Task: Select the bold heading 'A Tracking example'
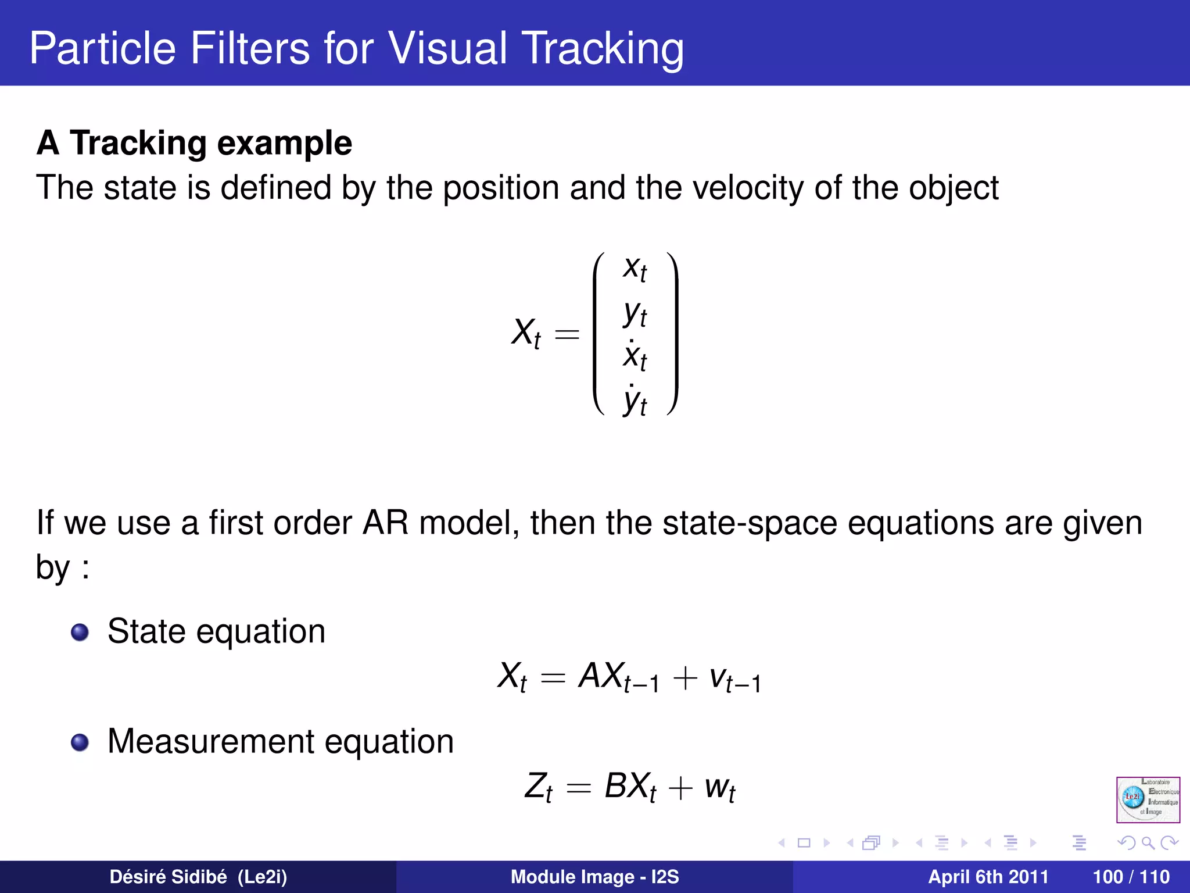tap(194, 143)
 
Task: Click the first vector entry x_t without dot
tap(635, 269)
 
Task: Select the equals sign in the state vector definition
tap(567, 334)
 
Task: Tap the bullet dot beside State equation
tap(80, 632)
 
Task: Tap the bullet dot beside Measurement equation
tap(80, 742)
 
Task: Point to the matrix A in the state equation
tap(592, 676)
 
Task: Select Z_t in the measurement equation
tap(538, 787)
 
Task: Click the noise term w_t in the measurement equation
tap(720, 788)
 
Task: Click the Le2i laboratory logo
tap(1148, 799)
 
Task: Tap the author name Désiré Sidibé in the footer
tap(168, 877)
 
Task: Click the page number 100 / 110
tap(1131, 877)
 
